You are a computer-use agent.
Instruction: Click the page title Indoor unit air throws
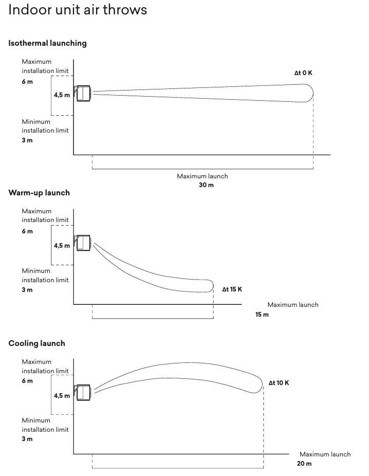pos(78,10)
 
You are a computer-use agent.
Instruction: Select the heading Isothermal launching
pos(47,43)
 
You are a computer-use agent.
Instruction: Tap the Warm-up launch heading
pos(39,193)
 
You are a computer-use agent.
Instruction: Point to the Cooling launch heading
pos(36,343)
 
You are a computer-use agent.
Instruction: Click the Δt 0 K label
pos(303,73)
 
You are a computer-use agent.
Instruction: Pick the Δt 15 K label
pos(232,289)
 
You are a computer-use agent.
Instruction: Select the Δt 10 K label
pos(279,383)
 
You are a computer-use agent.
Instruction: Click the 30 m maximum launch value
pos(206,185)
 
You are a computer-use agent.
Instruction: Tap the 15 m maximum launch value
pos(262,314)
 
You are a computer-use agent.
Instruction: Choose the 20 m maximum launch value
pos(304,464)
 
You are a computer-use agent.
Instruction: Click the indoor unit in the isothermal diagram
pos(83,94)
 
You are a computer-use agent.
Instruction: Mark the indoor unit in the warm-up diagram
pos(83,243)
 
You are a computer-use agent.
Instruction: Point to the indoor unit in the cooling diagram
pos(83,393)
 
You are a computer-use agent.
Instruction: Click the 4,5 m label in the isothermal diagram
pos(62,95)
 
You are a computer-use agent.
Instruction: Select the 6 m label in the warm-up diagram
pos(27,231)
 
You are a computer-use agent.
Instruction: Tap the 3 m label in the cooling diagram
pos(27,439)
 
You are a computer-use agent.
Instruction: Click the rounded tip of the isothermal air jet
pos(310,93)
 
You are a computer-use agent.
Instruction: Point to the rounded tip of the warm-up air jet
pos(211,285)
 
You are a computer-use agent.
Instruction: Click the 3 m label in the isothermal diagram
pos(27,140)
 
